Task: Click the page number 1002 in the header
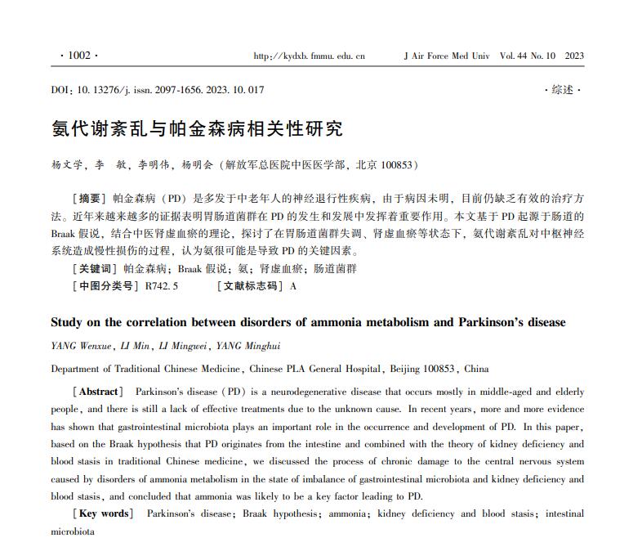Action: coord(79,56)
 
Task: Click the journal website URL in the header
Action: coord(310,56)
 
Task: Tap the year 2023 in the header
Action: coord(574,56)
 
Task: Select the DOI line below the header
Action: coord(158,90)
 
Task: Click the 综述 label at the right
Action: coord(563,90)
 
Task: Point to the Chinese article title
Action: coord(197,128)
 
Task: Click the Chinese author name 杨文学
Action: coord(68,164)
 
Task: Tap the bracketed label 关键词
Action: coord(96,268)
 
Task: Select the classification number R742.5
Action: coord(162,286)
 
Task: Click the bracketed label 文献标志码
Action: coord(250,286)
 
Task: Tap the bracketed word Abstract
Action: coord(98,392)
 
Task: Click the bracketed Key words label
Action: coord(103,513)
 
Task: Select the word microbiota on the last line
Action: coord(73,531)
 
